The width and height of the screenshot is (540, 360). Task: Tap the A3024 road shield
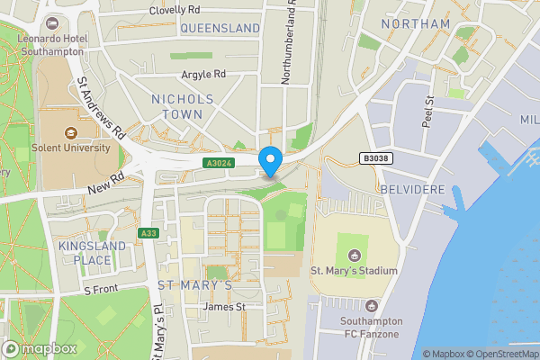click(217, 163)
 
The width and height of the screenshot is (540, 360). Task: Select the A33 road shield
click(149, 234)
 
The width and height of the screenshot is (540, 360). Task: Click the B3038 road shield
click(377, 157)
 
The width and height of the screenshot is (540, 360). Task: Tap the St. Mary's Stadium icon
click(352, 253)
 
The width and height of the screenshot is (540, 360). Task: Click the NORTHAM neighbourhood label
click(415, 23)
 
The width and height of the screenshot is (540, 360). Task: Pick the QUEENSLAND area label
click(220, 29)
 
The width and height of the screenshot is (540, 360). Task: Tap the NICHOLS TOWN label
click(183, 106)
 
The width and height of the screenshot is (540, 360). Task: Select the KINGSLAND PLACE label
click(85, 253)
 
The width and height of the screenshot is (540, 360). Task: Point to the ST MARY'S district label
click(195, 285)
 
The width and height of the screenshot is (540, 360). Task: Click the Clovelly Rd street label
click(175, 10)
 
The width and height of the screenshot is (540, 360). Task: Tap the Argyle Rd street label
click(202, 74)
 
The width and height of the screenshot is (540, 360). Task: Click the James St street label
click(224, 307)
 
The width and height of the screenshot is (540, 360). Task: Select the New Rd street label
click(106, 184)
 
